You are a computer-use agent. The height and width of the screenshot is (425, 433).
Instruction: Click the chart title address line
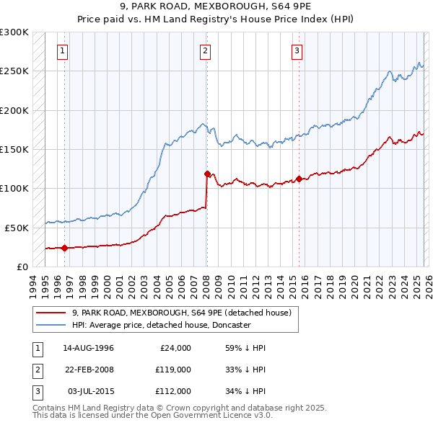[216, 6]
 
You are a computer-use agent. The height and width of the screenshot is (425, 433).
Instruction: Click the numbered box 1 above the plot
[64, 50]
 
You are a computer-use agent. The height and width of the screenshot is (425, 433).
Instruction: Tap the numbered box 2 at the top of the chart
[206, 50]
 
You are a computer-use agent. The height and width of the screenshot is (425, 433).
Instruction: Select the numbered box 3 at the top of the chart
[297, 50]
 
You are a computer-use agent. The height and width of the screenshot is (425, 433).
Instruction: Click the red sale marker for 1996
[64, 248]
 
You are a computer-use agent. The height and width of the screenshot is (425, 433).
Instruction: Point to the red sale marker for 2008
[207, 174]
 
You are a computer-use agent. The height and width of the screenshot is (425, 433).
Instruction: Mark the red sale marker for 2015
[299, 179]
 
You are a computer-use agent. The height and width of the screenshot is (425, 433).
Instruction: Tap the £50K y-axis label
[17, 228]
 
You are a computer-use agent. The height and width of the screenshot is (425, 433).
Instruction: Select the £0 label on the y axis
[22, 267]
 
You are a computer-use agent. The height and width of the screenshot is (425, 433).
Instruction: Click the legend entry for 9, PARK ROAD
[181, 313]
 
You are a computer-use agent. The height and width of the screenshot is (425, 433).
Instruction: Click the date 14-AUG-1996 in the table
[88, 348]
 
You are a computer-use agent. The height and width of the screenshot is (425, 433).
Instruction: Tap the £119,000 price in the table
[173, 370]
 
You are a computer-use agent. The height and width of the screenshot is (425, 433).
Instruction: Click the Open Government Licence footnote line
[152, 415]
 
